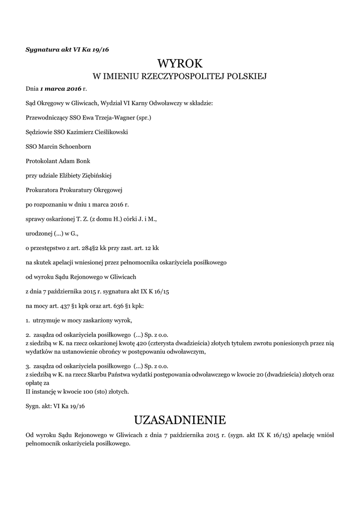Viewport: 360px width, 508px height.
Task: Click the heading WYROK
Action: (x=180, y=63)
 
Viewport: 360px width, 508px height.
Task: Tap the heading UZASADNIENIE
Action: (x=180, y=420)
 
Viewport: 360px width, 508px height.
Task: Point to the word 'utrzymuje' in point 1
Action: (x=48, y=319)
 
